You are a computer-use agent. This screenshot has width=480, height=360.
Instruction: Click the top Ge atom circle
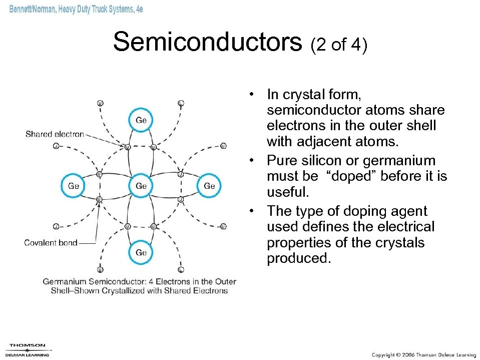[141, 120]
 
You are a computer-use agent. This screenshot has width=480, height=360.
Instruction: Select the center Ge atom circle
[141, 186]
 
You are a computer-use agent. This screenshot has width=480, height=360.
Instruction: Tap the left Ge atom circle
[74, 186]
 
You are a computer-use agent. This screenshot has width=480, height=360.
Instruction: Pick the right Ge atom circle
[209, 186]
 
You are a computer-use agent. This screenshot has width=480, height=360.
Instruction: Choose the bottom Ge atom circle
[141, 252]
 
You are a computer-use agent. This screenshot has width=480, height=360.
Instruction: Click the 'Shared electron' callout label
[55, 134]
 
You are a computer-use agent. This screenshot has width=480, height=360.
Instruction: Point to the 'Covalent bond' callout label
[51, 243]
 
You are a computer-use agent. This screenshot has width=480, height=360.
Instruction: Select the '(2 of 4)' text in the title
[339, 45]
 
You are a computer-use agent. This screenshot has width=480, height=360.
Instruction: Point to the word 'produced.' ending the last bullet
[299, 259]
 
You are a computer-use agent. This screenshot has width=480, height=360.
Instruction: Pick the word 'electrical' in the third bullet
[406, 227]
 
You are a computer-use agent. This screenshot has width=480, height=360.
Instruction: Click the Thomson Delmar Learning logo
[28, 349]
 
